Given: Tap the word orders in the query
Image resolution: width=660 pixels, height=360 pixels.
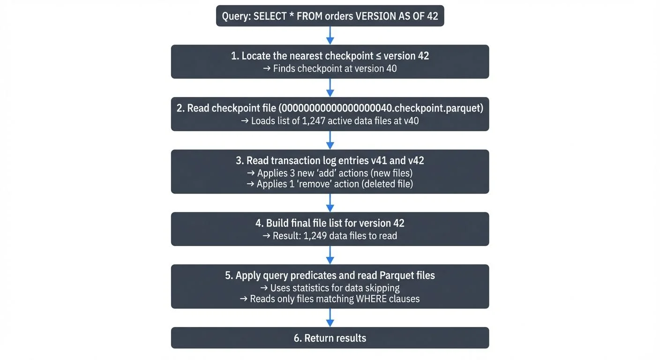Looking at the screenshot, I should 337,16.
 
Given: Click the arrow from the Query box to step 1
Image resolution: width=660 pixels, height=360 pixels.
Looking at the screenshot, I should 330,35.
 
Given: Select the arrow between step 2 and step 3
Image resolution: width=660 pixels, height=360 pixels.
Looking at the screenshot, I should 330,140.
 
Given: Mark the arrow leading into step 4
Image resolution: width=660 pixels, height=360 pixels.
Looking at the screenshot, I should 330,202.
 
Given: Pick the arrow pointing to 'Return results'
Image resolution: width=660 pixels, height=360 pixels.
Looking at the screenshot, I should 330,317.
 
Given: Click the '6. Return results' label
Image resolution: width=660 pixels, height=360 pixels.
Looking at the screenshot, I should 330,338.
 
